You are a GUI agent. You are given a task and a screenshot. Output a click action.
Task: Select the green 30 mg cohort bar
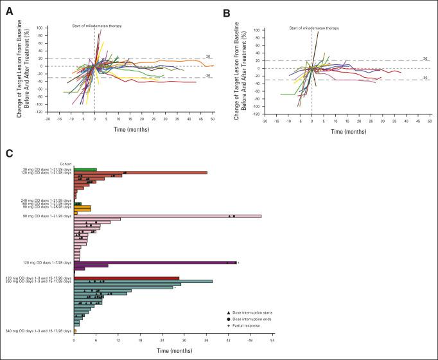click(x=85, y=170)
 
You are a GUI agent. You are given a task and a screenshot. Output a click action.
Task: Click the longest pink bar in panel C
click(x=168, y=216)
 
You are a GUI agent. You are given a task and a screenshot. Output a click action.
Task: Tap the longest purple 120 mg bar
click(x=155, y=262)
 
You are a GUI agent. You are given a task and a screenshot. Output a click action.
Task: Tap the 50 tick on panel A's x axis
click(x=212, y=120)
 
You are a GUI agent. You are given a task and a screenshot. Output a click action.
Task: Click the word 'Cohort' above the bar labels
click(x=65, y=163)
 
